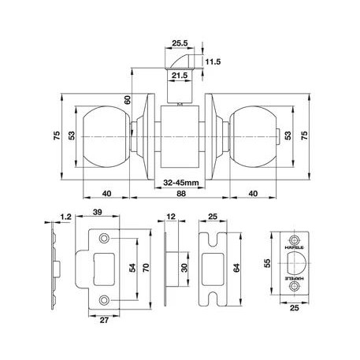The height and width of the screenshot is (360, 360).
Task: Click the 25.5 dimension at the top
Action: (180, 43)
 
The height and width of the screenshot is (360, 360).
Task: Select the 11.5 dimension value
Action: (213, 62)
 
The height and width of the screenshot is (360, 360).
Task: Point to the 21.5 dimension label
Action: (180, 76)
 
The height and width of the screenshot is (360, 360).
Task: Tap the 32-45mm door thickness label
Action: (181, 183)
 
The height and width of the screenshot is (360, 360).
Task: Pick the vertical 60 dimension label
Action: (128, 100)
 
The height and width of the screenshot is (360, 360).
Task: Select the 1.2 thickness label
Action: (65, 217)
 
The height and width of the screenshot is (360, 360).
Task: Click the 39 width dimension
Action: (97, 212)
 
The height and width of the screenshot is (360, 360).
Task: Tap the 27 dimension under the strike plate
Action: (104, 320)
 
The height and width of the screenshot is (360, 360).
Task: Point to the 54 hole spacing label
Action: (132, 268)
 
